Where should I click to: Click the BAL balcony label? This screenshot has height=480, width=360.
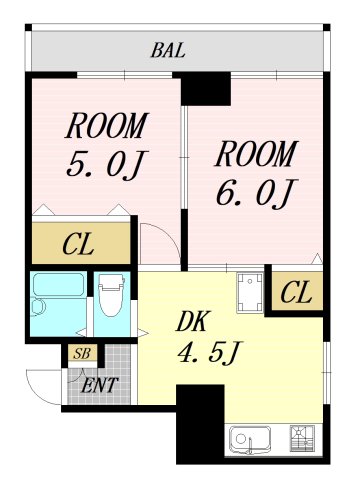168,51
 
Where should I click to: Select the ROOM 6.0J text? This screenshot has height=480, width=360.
256,174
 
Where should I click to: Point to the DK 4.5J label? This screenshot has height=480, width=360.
208,337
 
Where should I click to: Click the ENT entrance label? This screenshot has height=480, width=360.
100,385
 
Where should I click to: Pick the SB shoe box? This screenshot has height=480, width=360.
82,353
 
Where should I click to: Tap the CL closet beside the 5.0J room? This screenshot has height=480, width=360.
81,243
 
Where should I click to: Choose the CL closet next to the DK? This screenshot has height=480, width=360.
297,292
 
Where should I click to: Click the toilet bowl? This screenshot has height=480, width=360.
112,295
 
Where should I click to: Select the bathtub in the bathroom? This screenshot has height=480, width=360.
59,284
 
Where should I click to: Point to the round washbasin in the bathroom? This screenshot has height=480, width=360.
37,307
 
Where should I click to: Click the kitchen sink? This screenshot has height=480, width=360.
249,440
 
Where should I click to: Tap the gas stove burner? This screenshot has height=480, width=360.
302,438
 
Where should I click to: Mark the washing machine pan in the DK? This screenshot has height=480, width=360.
250,293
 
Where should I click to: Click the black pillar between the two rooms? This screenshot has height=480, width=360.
206,88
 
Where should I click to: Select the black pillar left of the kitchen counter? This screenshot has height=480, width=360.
200,423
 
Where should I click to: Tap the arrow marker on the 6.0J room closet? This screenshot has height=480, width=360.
317,259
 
